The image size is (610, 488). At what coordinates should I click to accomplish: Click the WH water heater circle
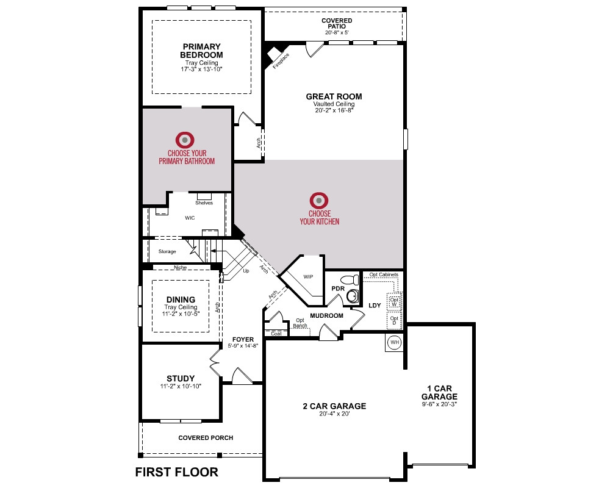coord(395,342)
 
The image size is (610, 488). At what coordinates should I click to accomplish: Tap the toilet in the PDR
coord(350,279)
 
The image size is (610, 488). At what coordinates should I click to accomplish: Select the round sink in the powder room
coord(353,296)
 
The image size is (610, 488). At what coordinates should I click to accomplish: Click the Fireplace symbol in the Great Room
coord(274,54)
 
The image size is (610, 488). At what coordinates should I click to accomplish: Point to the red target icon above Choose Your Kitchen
coord(319,201)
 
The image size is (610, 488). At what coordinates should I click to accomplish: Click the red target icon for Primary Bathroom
coord(185,140)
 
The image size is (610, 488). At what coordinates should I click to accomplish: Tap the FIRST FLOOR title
coord(177,472)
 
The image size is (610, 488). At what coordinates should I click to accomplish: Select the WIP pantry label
coord(308,277)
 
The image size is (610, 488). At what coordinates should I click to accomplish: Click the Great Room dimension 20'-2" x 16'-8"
coord(334,110)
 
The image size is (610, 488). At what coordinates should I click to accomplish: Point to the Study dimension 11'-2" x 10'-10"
coord(181,386)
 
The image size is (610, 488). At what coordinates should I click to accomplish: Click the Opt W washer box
coord(395,301)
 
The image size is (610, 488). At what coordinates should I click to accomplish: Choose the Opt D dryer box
coord(395,320)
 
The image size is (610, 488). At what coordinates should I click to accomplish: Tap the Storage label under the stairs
coord(167,251)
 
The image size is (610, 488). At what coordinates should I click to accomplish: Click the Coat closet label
coord(276,334)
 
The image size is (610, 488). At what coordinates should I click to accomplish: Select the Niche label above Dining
coord(180,267)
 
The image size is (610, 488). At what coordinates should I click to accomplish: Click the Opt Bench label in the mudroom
coord(300,323)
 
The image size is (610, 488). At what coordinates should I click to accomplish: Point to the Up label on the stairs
coord(246,271)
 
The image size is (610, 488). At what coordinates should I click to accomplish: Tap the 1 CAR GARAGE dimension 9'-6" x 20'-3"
coord(439,404)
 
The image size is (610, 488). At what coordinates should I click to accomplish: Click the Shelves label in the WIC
coord(204,203)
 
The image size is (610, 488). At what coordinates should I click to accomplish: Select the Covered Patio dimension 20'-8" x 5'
coord(337,33)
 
